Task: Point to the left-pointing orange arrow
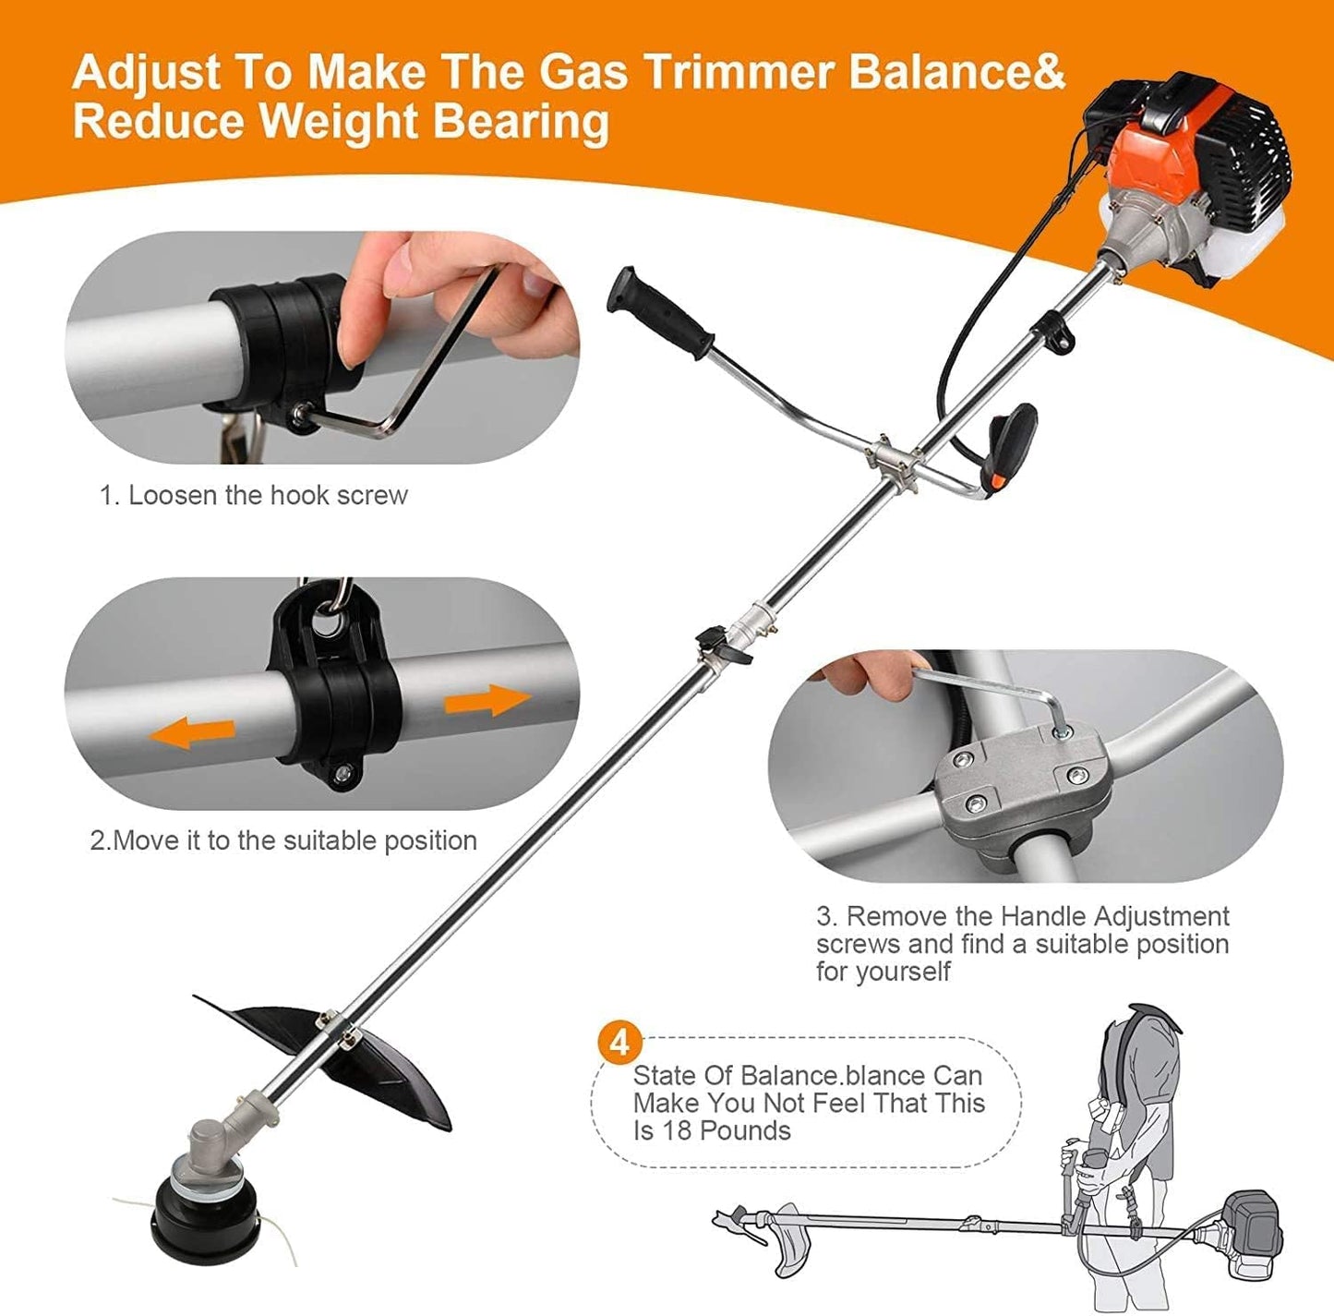193,734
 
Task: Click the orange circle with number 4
620,1043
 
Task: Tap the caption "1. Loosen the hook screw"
254,495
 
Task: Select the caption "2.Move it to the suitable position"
283,840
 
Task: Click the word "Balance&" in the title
956,71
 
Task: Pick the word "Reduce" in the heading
158,121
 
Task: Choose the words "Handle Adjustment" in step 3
1115,916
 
